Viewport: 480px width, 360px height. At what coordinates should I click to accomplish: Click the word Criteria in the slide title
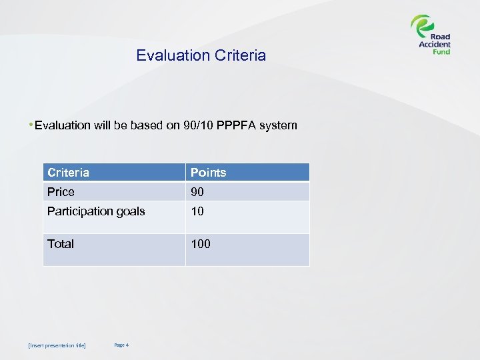click(240, 55)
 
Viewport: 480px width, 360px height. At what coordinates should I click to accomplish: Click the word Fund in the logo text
click(440, 52)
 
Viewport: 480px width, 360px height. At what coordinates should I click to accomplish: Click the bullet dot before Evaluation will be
click(31, 125)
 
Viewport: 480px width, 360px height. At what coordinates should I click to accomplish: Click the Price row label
click(61, 192)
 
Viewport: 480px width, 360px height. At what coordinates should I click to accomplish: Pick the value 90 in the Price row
click(197, 192)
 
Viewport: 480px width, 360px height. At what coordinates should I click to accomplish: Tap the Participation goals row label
click(96, 211)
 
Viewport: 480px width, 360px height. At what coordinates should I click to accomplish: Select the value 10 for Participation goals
click(197, 211)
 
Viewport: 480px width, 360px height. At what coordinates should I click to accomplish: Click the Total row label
click(61, 244)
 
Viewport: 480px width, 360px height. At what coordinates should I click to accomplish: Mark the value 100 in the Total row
click(201, 244)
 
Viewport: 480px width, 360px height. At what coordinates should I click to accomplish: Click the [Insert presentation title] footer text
click(57, 345)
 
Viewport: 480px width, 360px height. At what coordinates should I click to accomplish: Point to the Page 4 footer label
click(121, 345)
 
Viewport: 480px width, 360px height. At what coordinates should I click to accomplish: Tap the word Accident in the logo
click(435, 45)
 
